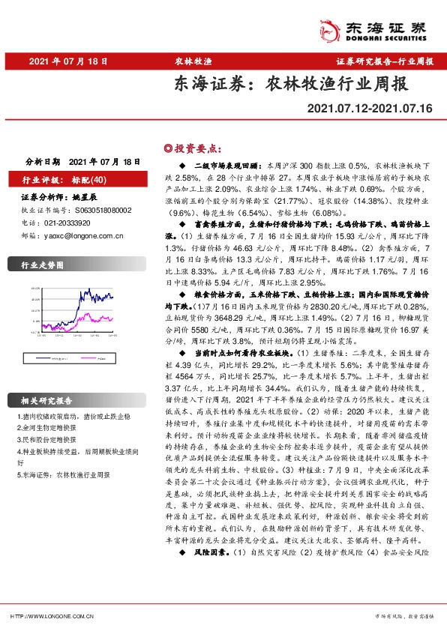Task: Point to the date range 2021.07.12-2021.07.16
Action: (x=370, y=109)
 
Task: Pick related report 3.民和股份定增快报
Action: (x=47, y=441)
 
